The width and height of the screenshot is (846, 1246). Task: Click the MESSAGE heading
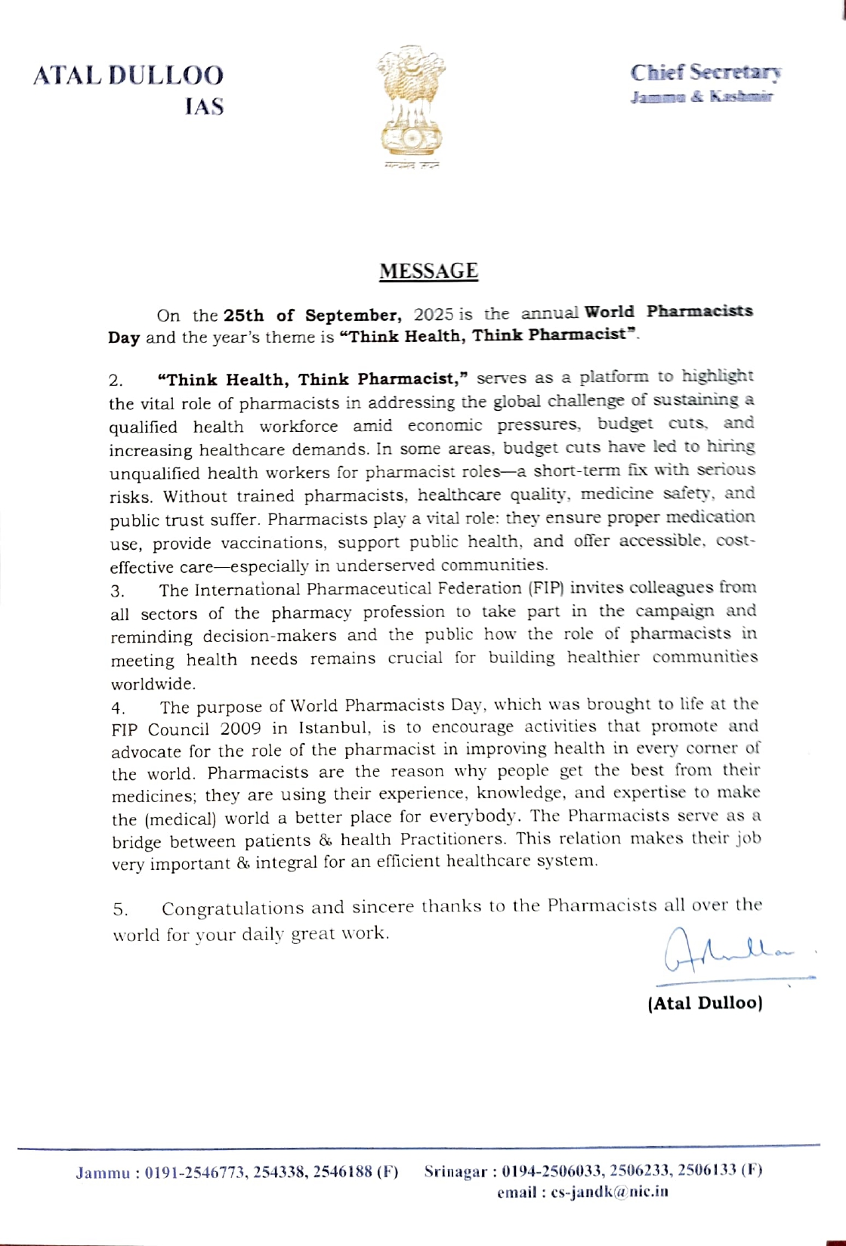point(428,271)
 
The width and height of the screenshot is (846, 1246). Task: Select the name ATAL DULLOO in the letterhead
point(128,76)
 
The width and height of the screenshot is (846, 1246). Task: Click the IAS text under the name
point(204,106)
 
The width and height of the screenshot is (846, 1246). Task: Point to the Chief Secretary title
point(706,72)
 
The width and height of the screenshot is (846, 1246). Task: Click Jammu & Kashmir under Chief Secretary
point(702,97)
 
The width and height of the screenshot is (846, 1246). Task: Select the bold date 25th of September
point(312,315)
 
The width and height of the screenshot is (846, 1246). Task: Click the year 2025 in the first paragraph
point(433,313)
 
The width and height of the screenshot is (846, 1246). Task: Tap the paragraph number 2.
point(116,380)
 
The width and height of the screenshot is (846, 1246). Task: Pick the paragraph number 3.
point(117,591)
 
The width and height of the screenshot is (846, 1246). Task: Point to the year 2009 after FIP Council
point(241,729)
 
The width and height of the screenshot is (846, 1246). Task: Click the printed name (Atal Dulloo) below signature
point(705,1003)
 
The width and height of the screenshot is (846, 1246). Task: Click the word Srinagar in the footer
point(455,1171)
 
